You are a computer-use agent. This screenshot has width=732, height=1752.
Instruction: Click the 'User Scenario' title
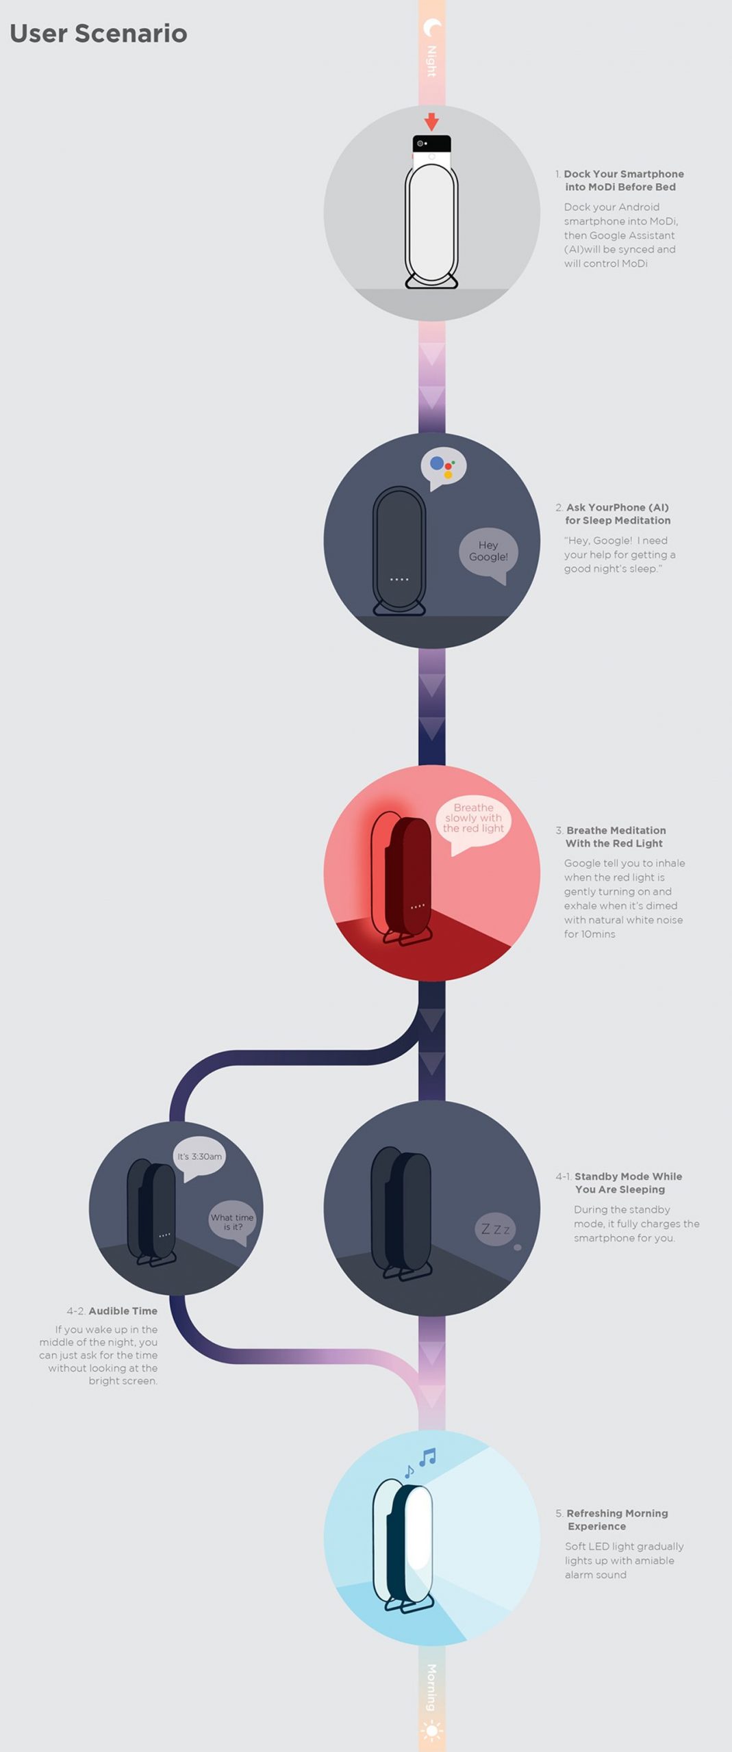(x=99, y=34)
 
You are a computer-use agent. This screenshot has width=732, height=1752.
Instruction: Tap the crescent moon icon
(x=432, y=28)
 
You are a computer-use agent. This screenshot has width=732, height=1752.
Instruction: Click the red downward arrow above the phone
(x=431, y=122)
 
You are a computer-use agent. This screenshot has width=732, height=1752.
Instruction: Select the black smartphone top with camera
(x=431, y=144)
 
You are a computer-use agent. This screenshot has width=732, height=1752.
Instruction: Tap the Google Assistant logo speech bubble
(x=443, y=469)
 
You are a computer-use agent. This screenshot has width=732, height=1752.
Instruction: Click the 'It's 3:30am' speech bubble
(x=199, y=1158)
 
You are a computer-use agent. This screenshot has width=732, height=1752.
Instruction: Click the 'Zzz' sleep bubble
(x=496, y=1230)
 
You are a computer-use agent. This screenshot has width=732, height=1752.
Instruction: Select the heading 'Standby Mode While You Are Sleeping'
(x=628, y=1183)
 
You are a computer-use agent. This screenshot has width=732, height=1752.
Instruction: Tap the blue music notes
(x=419, y=1464)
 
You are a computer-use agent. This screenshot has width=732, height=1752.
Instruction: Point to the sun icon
(x=432, y=1731)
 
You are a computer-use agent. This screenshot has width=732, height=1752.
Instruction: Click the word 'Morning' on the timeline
(x=432, y=1687)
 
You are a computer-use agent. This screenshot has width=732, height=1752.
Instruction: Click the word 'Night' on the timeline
(x=432, y=61)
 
